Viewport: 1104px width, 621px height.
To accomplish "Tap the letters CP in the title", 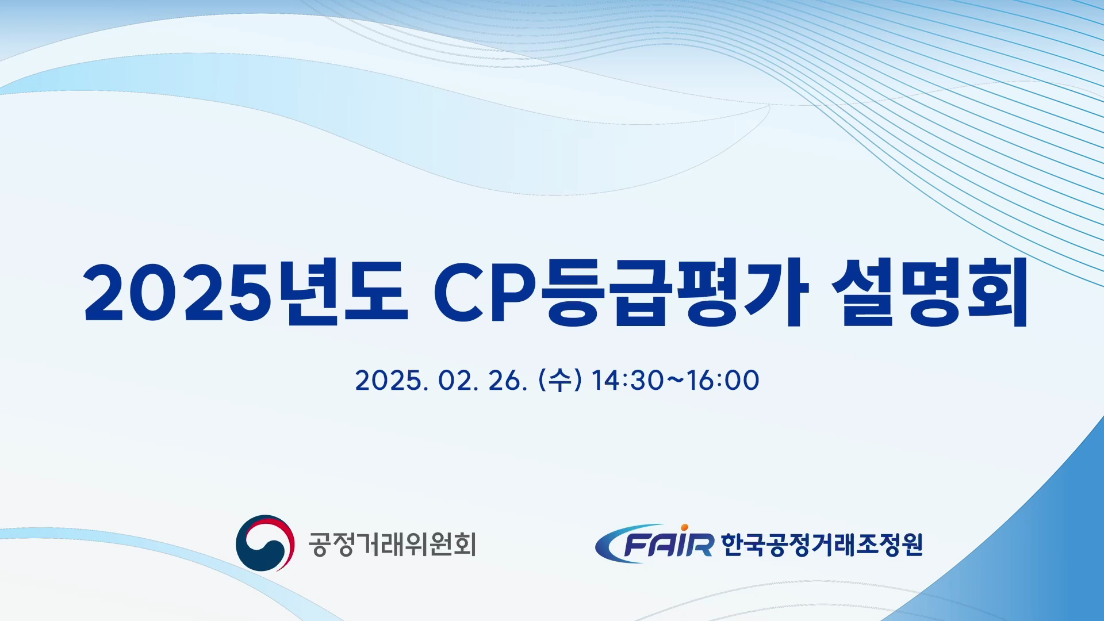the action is pyautogui.click(x=489, y=294).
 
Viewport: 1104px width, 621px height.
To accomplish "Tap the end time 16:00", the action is pyautogui.click(x=723, y=381).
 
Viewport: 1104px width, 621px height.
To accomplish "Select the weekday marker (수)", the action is pyautogui.click(x=560, y=381).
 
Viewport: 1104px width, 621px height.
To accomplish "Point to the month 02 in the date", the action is pyautogui.click(x=455, y=381).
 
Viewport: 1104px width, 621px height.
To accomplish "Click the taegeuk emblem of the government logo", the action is pyautogui.click(x=265, y=543).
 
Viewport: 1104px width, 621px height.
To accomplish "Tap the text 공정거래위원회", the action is pyautogui.click(x=393, y=544).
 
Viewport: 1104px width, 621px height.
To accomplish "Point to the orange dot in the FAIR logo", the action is pyautogui.click(x=684, y=527).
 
